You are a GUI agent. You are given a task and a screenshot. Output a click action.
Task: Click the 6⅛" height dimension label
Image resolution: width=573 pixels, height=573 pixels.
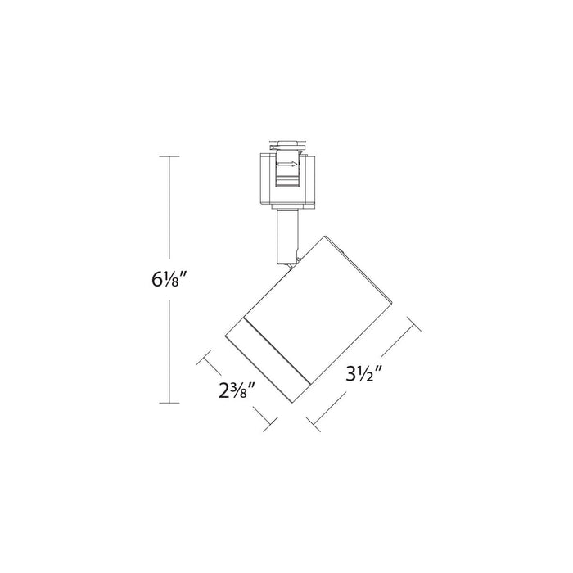click(170, 278)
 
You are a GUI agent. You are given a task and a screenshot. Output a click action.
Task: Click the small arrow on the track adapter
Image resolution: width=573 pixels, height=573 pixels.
click(288, 165)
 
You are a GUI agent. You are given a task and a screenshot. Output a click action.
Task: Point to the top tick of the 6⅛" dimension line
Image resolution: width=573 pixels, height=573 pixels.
click(169, 156)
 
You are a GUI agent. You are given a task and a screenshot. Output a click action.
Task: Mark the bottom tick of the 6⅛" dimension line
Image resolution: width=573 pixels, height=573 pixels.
click(169, 402)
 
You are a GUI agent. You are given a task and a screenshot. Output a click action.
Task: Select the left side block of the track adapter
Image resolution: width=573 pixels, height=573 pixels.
click(264, 178)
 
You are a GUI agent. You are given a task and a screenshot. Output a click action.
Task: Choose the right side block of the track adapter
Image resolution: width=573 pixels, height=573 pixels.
click(313, 178)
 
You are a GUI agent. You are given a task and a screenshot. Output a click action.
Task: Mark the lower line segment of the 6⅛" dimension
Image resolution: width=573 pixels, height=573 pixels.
click(169, 352)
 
